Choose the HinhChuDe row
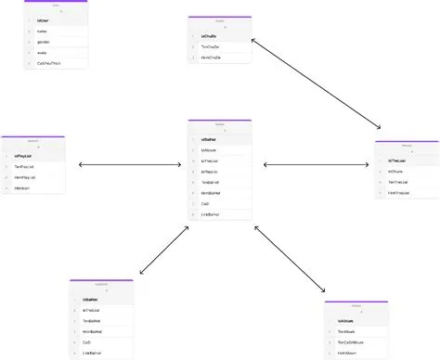pyautogui.click(x=216, y=58)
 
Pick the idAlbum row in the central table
pyautogui.click(x=217, y=149)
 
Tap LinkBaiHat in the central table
pyautogui.click(x=217, y=214)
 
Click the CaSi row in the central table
pyautogui.click(x=217, y=203)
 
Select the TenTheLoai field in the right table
pyautogui.click(x=407, y=183)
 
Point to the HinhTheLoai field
pyautogui.click(x=407, y=194)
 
